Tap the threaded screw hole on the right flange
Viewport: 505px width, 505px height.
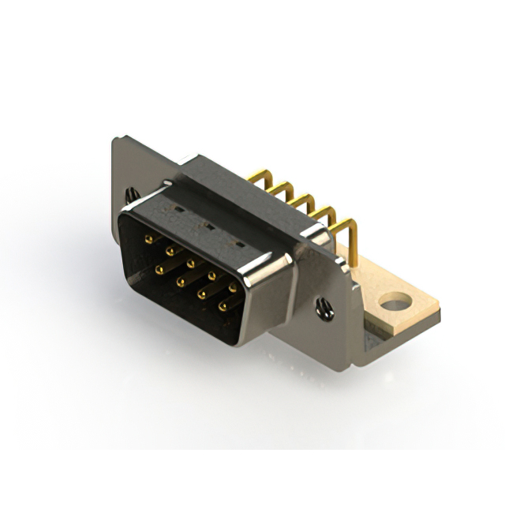[325, 309]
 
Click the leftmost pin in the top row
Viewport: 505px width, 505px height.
[148, 238]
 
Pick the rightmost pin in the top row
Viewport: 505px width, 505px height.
[233, 288]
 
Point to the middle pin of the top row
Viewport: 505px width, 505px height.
[190, 263]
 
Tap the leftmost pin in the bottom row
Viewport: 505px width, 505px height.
[159, 269]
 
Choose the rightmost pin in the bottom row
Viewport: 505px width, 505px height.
[223, 305]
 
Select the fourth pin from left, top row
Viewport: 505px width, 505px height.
[211, 275]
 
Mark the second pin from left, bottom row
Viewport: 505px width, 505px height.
[181, 281]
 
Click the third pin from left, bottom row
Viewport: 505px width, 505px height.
[202, 294]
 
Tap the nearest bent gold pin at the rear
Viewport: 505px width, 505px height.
[345, 230]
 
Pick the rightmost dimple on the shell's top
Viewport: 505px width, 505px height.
[240, 245]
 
